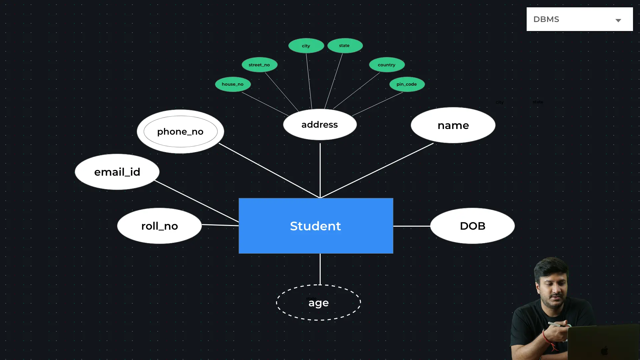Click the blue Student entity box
316,226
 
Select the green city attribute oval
306,46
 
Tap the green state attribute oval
345,46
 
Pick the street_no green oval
259,65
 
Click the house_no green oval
233,84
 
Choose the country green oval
387,65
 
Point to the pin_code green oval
407,84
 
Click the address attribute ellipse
320,124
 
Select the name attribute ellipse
453,125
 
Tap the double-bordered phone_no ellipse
180,131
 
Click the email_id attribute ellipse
117,172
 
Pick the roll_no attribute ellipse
159,226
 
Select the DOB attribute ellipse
472,226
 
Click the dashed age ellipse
318,302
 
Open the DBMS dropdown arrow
618,20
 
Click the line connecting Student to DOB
412,226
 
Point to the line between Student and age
320,269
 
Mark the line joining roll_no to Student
220,225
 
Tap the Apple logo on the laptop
604,351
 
